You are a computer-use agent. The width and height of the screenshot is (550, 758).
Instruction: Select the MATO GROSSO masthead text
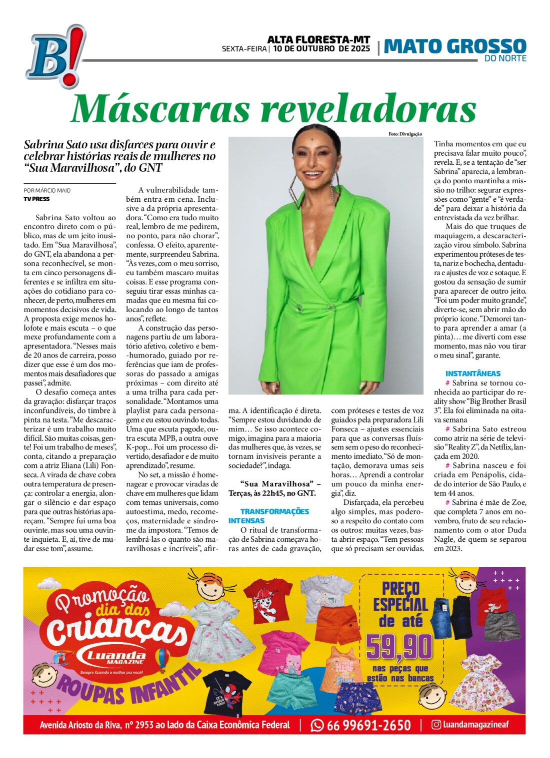(x=455, y=46)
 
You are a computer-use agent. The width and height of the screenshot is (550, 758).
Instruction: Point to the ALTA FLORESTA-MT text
(x=318, y=39)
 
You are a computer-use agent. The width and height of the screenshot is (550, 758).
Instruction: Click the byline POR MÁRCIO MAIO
(x=47, y=190)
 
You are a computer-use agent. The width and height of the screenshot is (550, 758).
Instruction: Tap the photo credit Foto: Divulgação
(x=405, y=134)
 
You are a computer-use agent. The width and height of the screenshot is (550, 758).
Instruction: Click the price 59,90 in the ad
(x=399, y=647)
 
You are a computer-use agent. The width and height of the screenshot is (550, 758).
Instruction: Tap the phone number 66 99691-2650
(x=368, y=725)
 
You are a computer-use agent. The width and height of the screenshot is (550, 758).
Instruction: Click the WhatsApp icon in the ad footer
(x=317, y=725)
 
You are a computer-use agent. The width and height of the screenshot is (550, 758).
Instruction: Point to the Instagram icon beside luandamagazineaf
(x=436, y=725)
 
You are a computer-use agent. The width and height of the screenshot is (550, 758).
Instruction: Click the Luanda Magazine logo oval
(x=115, y=657)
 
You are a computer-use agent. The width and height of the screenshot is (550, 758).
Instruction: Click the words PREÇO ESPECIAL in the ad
(x=401, y=597)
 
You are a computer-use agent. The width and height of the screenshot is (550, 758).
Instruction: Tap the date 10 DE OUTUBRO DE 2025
(x=321, y=49)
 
